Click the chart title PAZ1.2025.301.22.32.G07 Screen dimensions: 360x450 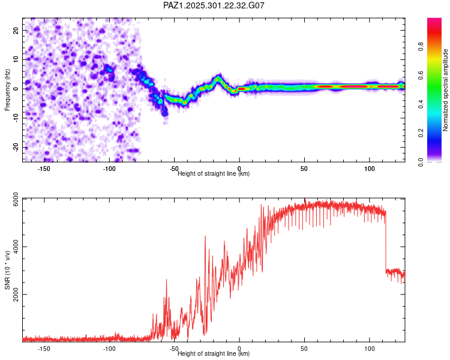tap(214, 5)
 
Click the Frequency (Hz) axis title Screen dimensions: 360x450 tap(7, 89)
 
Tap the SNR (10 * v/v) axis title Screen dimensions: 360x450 tap(7, 270)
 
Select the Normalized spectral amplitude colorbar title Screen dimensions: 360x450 tap(445, 90)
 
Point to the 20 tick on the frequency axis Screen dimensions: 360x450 tap(16, 30)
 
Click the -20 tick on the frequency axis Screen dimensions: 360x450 tap(16, 147)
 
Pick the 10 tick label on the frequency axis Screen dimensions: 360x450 tap(16, 59)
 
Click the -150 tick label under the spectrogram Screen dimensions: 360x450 tap(44, 169)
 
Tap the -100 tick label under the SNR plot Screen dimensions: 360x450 tap(109, 349)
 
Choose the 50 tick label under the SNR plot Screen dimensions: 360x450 tap(304, 349)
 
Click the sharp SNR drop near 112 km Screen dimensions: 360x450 tap(385, 240)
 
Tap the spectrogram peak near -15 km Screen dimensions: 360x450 tap(218, 78)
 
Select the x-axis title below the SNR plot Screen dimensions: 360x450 tap(214, 354)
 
